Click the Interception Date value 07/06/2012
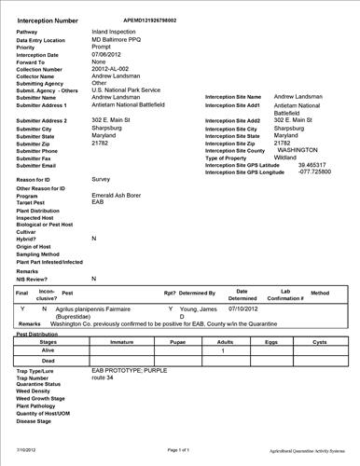[110, 54]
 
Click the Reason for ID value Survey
[102, 178]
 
